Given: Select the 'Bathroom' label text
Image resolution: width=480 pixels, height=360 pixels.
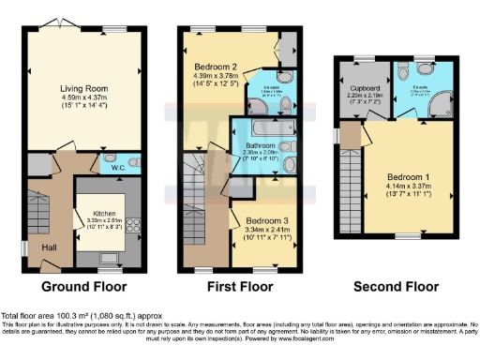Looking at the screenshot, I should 262,146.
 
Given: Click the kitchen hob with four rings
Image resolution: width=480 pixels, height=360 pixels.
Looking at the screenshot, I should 132,225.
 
